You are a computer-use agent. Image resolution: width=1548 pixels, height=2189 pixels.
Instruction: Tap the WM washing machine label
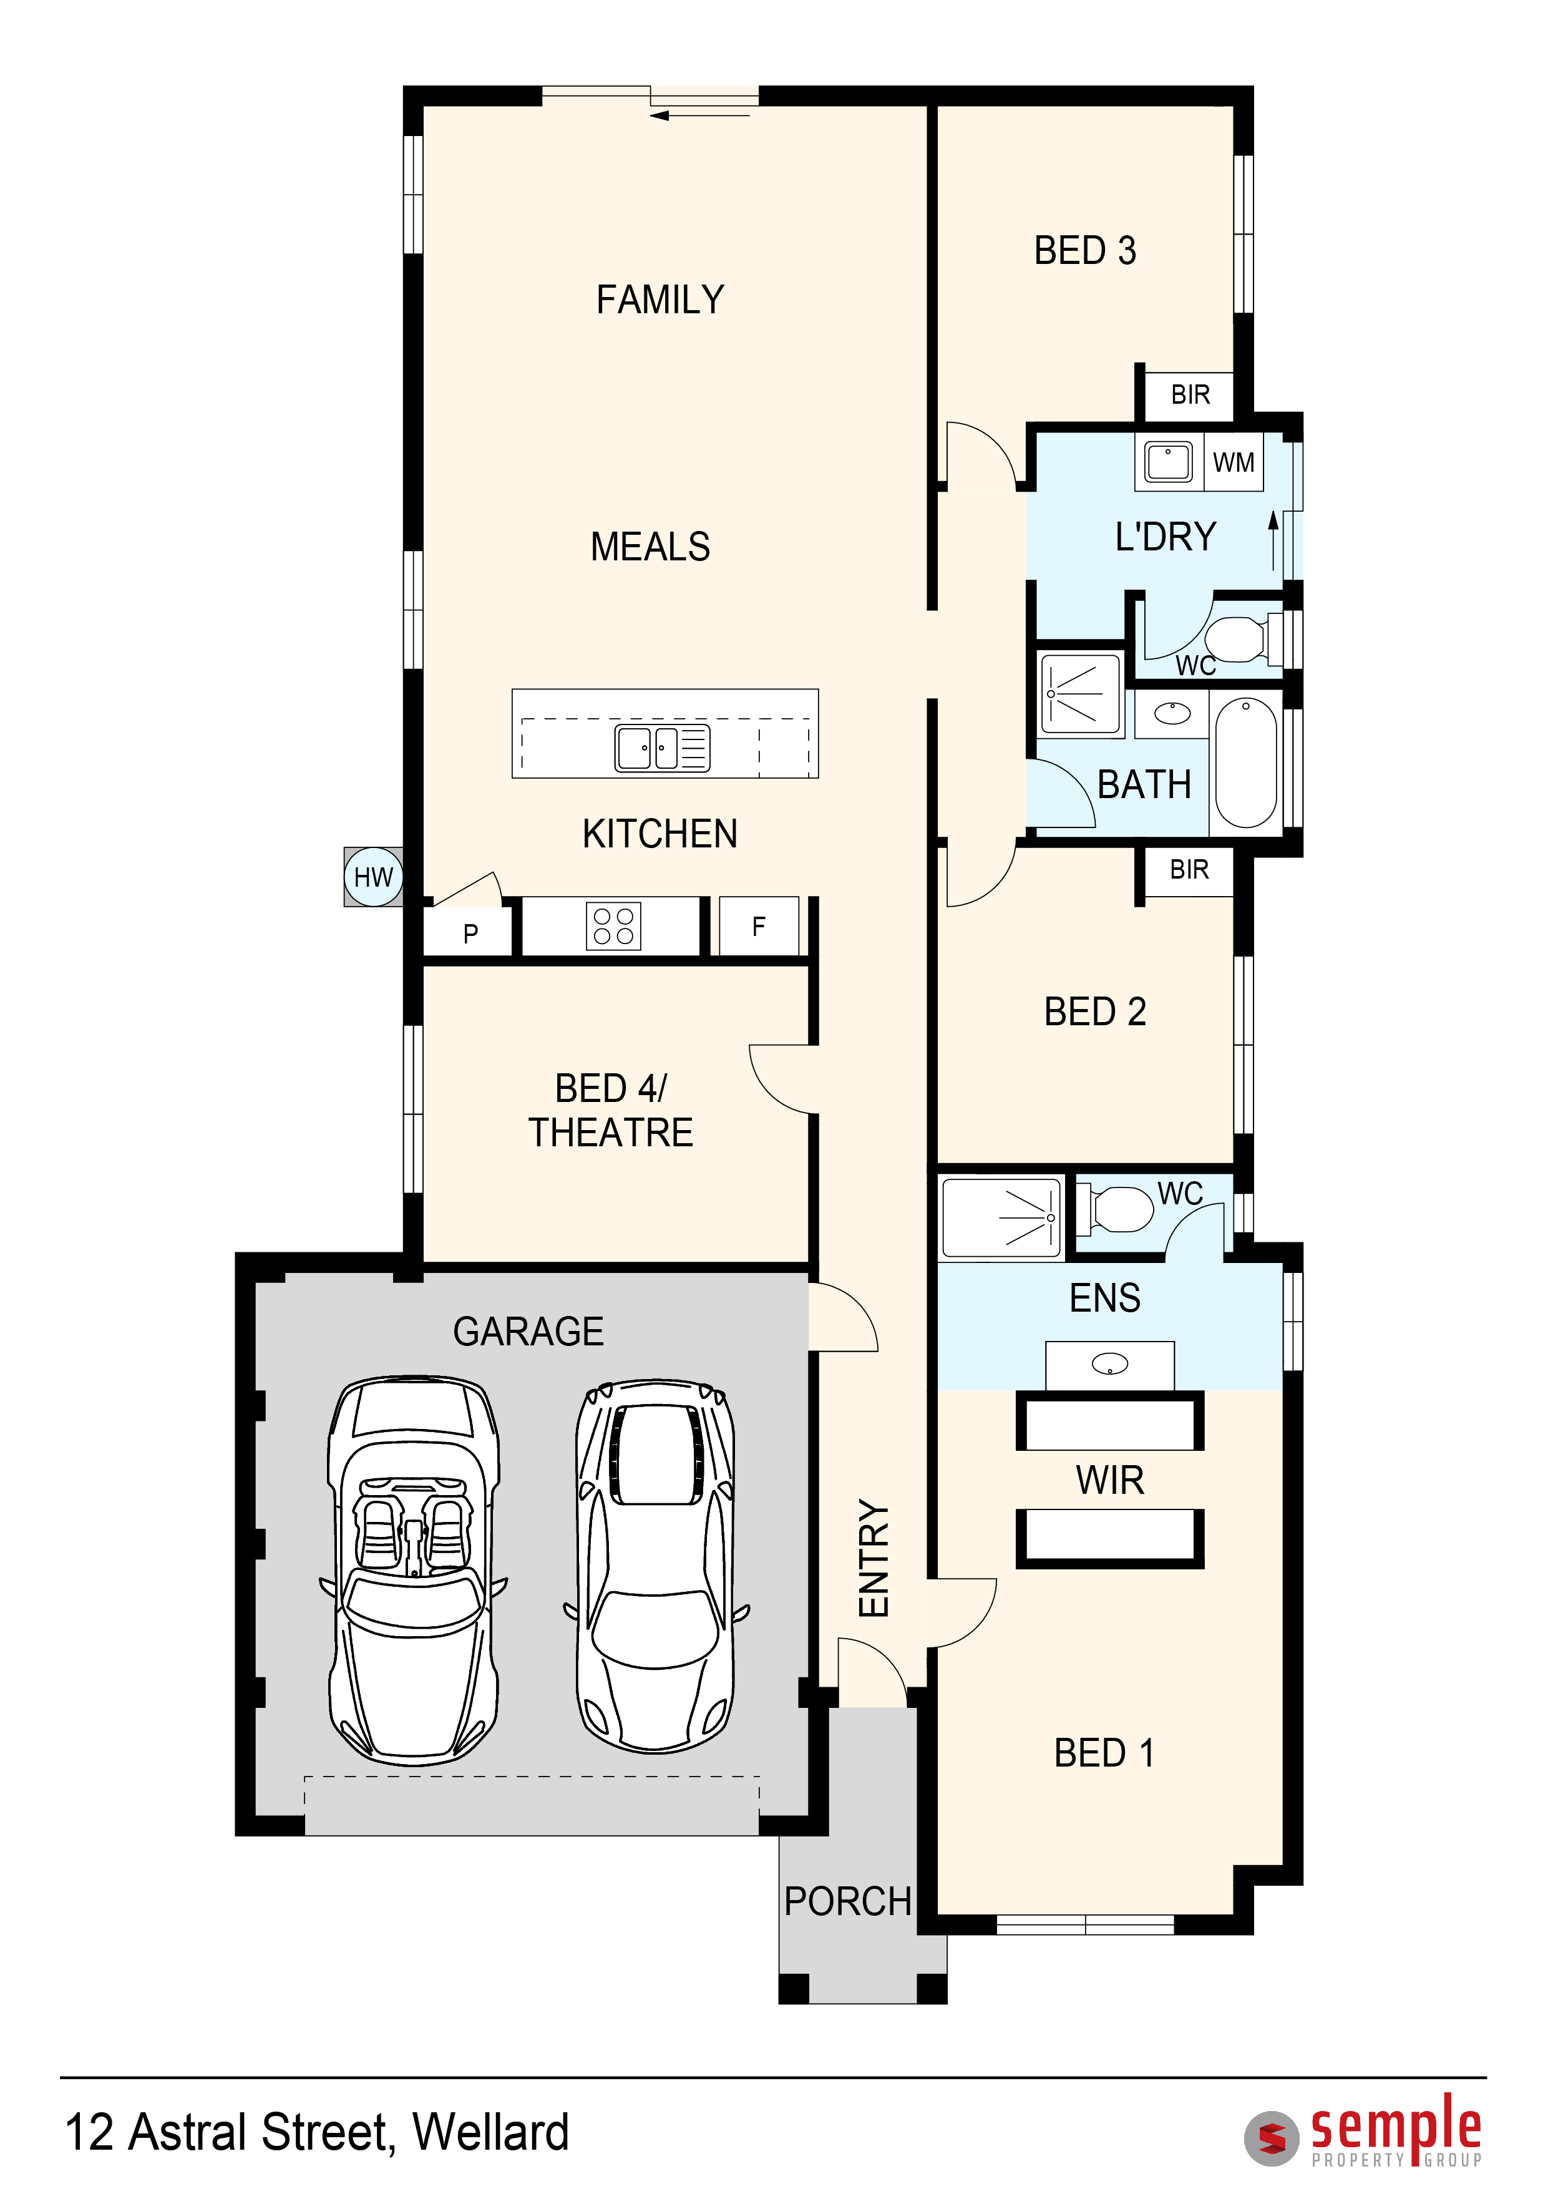tap(1234, 462)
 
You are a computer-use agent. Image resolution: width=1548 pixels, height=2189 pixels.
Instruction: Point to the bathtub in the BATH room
tap(1246, 762)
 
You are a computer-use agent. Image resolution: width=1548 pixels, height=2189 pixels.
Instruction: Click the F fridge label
tap(759, 926)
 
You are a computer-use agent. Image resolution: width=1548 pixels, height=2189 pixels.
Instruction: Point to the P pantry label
tap(471, 934)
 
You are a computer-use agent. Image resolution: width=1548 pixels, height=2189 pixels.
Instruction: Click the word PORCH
tap(847, 1901)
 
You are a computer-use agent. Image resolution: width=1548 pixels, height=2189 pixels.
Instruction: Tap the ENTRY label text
tap(874, 1558)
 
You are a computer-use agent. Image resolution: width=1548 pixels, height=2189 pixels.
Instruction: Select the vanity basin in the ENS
tap(1109, 1364)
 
